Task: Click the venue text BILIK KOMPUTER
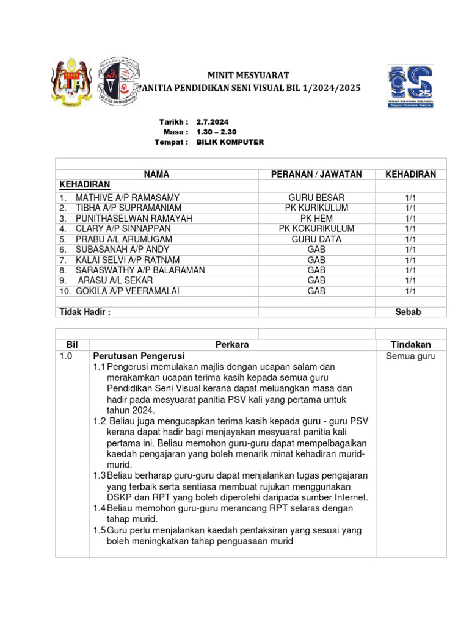coord(230,142)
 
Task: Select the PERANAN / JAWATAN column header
coord(316,175)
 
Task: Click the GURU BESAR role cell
coord(316,198)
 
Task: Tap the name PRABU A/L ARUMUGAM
coord(124,239)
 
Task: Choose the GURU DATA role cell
coord(316,239)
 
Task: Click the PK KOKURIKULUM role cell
coord(316,229)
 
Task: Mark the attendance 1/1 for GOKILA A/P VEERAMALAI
coord(410,291)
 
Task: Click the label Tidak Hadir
coord(85,312)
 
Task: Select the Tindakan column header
coord(410,345)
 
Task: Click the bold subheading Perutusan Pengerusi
coord(139,356)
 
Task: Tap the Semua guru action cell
coord(410,356)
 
